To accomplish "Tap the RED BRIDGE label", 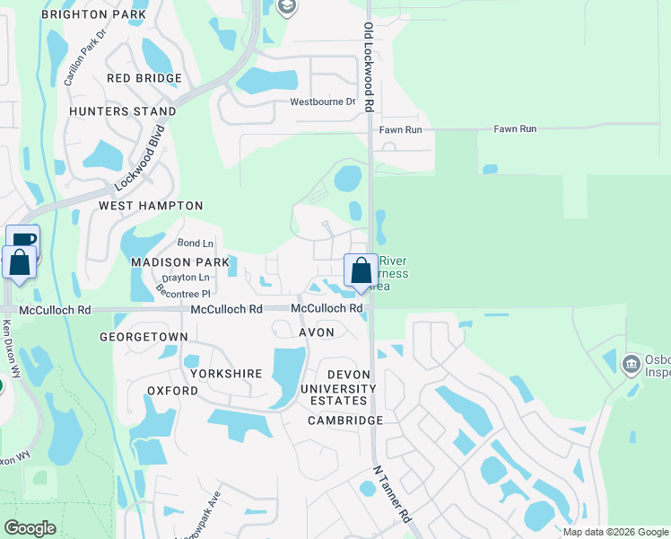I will click(x=144, y=78).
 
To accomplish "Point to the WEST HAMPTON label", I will click(x=138, y=206).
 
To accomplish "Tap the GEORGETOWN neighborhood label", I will click(x=144, y=337).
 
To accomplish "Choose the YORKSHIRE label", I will click(x=225, y=373).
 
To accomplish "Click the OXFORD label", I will click(x=172, y=391).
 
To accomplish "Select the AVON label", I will click(x=317, y=332).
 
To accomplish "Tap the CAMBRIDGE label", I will click(x=345, y=420).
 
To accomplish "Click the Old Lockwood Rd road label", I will click(x=369, y=67).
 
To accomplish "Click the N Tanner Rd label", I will click(x=392, y=495).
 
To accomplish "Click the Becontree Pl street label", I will click(x=183, y=293).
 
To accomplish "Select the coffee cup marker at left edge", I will click(x=24, y=240).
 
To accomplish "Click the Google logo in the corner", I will click(x=30, y=528).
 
